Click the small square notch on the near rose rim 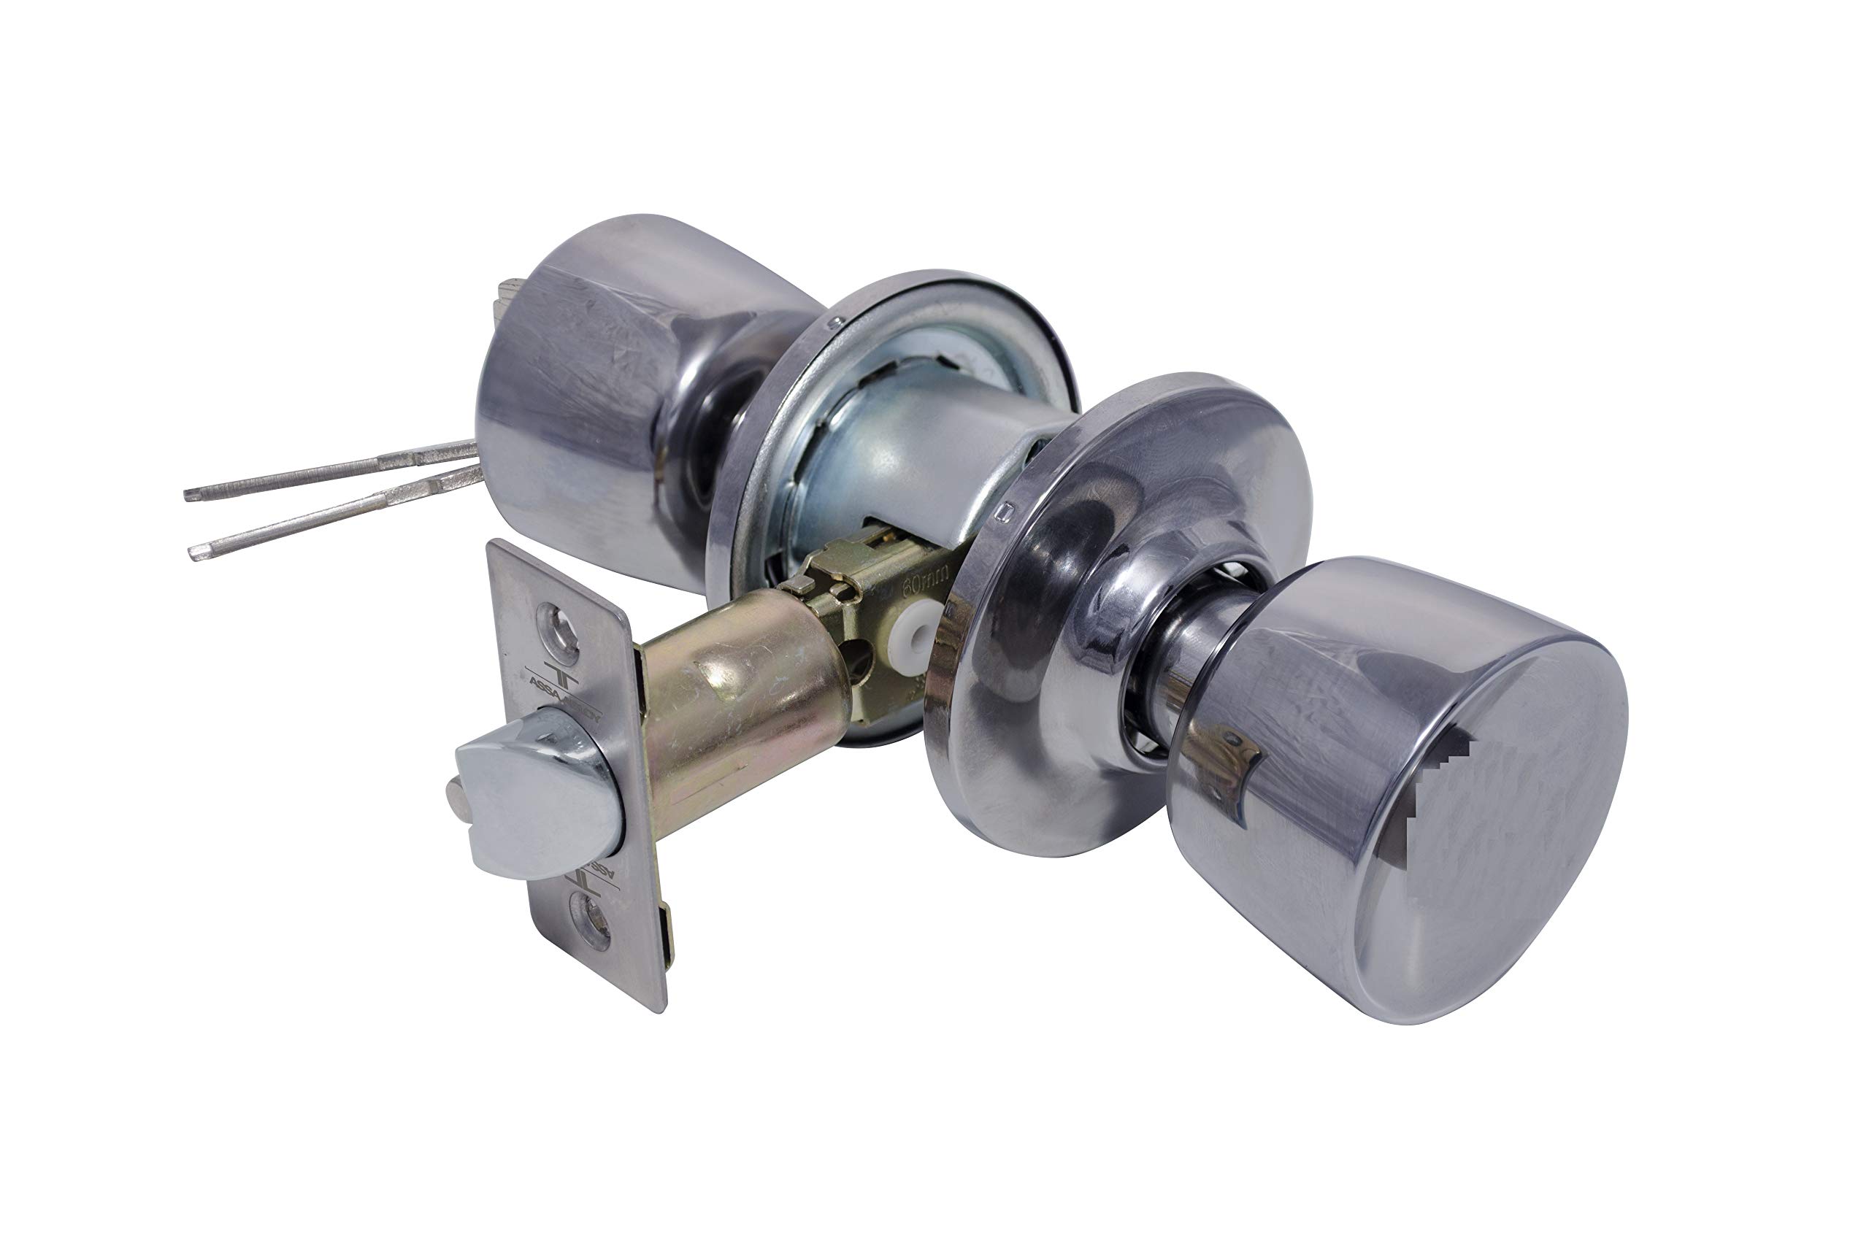[x=1005, y=512]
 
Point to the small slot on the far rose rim [x=832, y=323]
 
